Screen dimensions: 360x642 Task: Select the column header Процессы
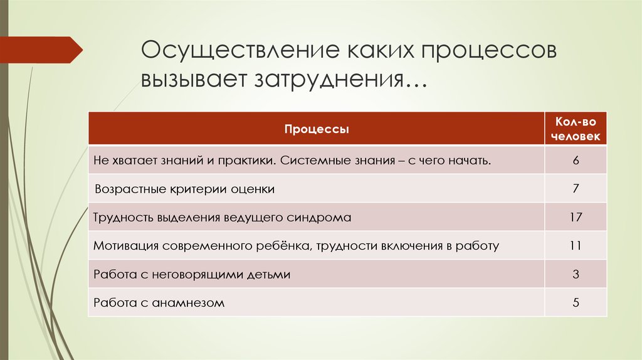tap(317, 129)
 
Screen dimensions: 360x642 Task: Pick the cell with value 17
tap(576, 218)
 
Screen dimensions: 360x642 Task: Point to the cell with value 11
tap(576, 246)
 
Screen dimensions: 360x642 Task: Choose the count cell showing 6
tap(576, 160)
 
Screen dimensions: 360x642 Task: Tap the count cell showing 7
tap(576, 189)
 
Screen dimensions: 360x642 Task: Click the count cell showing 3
tap(576, 274)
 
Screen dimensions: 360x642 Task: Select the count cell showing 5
tap(576, 303)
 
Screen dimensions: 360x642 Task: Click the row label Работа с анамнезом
tap(159, 303)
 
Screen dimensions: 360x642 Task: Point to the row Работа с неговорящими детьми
tap(192, 274)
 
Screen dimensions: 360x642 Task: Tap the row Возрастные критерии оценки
tap(184, 189)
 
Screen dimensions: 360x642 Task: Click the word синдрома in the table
tap(318, 218)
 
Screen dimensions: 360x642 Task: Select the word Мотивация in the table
tap(125, 246)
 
